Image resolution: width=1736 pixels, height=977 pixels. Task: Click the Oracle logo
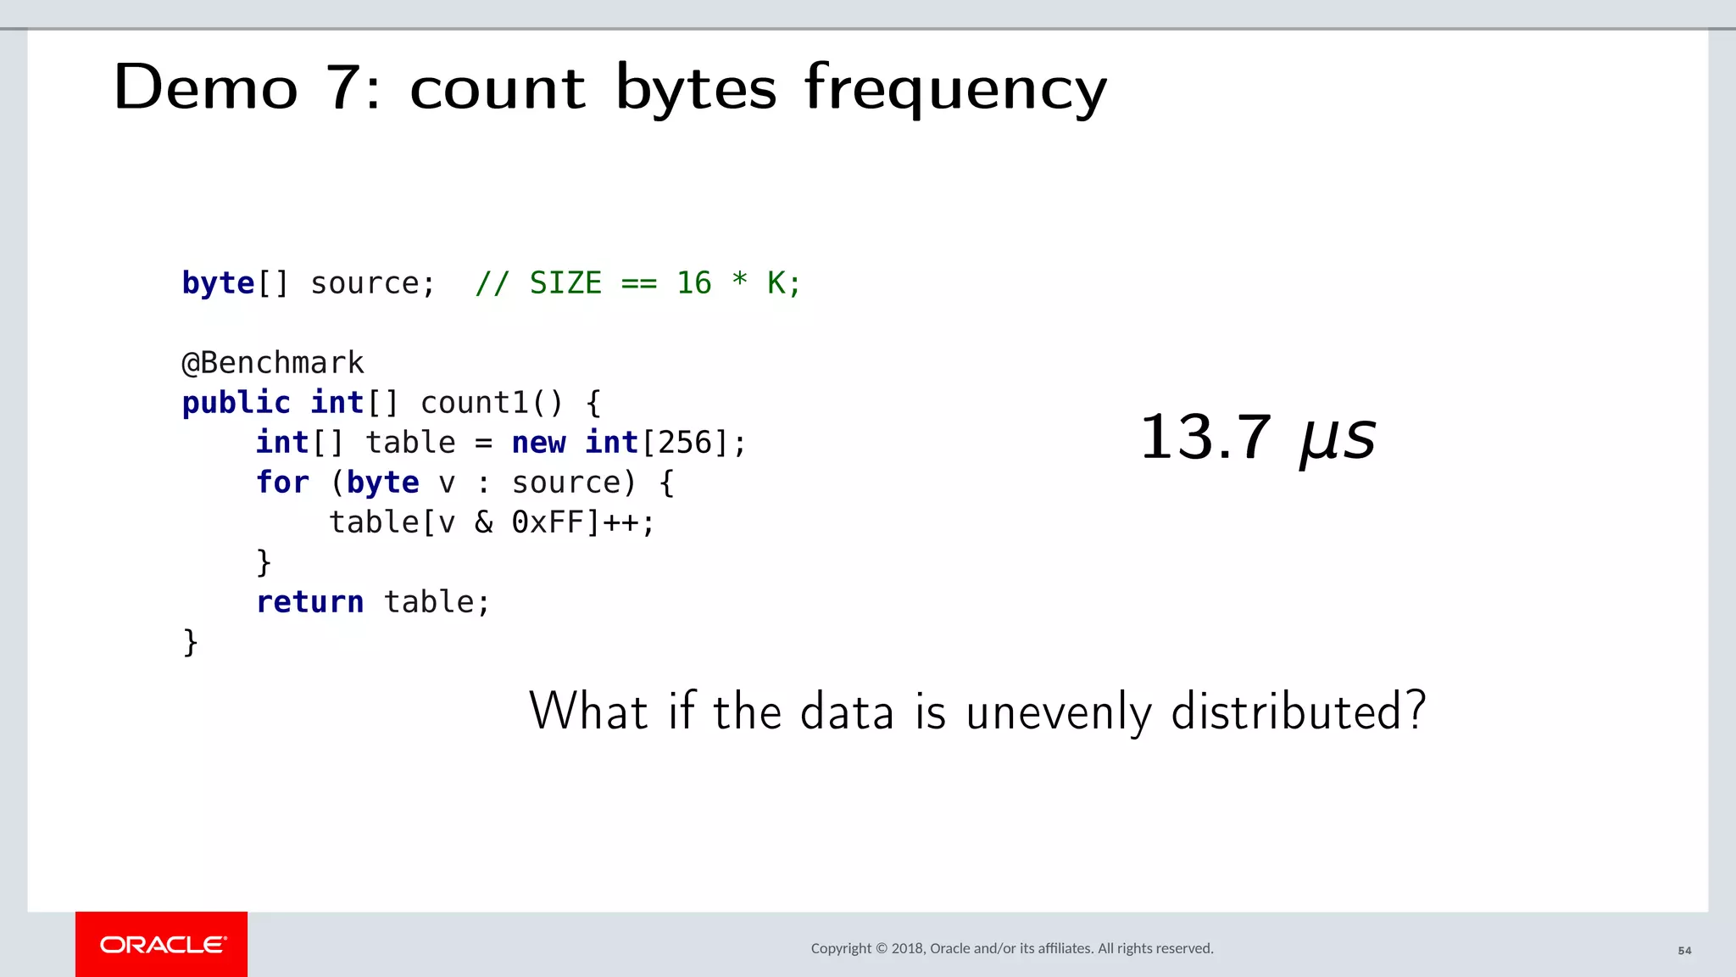point(162,945)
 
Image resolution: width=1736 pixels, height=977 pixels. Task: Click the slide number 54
point(1684,951)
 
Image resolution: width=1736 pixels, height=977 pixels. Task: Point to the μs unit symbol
point(1338,439)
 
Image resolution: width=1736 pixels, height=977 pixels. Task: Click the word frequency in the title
point(955,88)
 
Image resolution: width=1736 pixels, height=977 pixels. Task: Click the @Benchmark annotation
point(273,363)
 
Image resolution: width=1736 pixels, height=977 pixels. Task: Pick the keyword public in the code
point(236,403)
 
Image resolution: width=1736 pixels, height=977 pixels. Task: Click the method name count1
point(474,403)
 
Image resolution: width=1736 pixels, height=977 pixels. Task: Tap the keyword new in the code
point(538,443)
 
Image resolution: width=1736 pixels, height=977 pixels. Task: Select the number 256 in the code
point(685,443)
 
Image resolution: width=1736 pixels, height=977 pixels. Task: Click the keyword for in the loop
point(282,483)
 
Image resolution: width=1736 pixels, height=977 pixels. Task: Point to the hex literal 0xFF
point(548,522)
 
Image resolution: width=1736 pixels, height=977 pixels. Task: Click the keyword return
point(309,602)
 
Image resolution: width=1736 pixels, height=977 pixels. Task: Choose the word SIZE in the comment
point(565,283)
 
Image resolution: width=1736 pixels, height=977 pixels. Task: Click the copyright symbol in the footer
point(882,948)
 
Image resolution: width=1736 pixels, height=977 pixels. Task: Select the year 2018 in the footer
point(907,948)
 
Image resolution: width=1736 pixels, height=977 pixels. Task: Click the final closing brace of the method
point(191,642)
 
